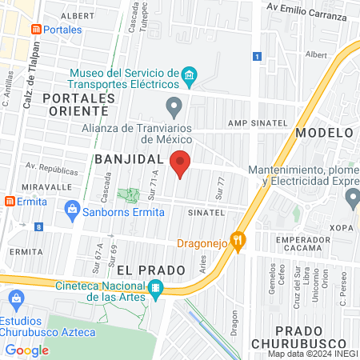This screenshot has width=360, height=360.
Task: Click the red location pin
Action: pos(180,163)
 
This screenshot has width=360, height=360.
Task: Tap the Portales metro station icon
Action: pos(35,29)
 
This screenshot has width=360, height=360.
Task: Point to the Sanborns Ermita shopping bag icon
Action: pos(72,211)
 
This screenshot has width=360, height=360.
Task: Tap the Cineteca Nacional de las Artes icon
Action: pos(157,287)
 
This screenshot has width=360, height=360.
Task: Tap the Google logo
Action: pos(27,350)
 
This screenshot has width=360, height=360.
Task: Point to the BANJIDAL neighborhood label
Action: pos(129,159)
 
